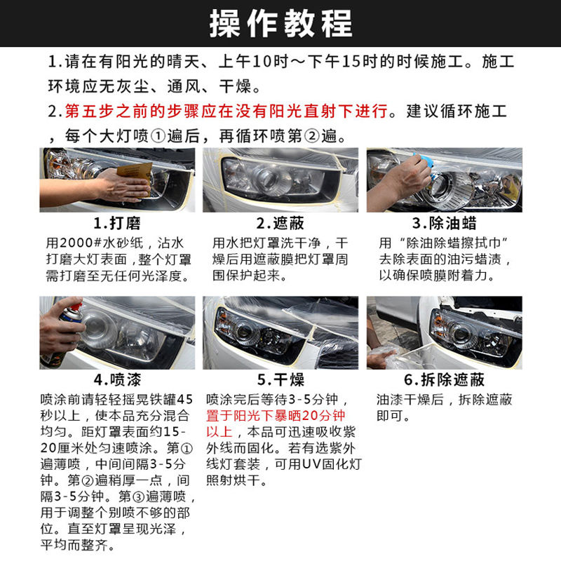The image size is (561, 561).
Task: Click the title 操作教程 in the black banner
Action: point(281,24)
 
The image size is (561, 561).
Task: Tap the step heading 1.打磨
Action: point(117,223)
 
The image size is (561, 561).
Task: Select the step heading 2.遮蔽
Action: point(280,223)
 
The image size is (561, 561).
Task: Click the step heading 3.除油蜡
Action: point(445,223)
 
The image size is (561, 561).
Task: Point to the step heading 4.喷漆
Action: point(117,379)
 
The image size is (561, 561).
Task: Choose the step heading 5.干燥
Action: point(280,379)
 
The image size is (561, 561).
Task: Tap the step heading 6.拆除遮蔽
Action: point(445,379)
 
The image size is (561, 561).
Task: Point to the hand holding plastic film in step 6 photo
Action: point(381,358)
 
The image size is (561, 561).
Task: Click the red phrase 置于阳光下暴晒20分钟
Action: point(276,416)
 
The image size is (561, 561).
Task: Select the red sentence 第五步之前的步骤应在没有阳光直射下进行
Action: point(226,111)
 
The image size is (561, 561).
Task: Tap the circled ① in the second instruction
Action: point(158,136)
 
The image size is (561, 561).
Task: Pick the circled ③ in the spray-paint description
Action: point(139,496)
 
